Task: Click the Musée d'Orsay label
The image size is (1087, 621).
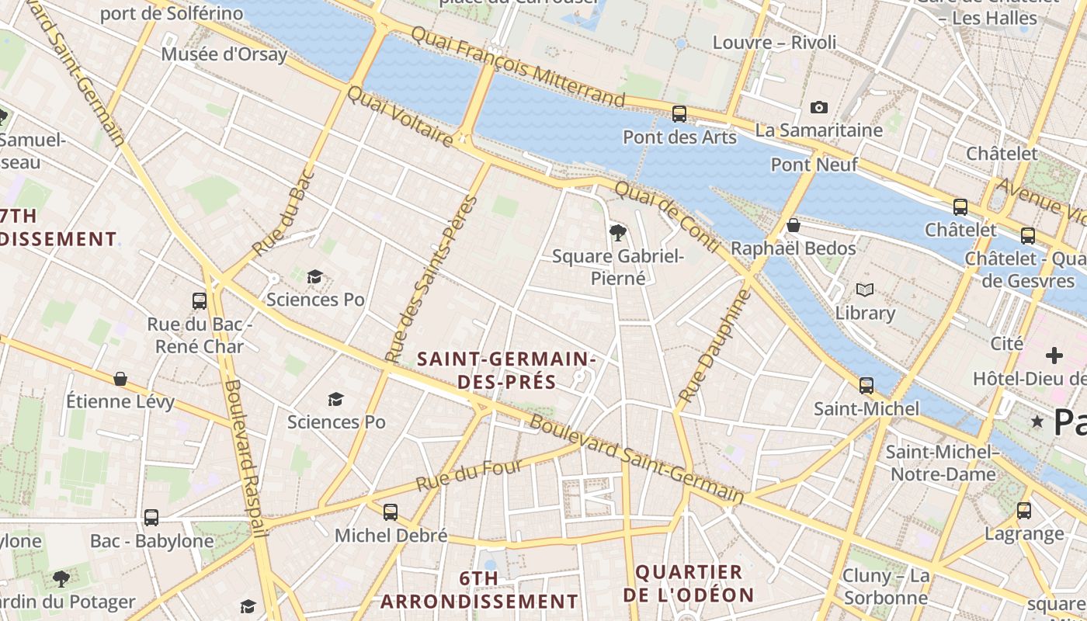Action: [224, 54]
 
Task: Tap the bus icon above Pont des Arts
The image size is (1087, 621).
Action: [679, 114]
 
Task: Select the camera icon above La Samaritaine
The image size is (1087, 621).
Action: [818, 107]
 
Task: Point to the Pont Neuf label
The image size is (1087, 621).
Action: [814, 165]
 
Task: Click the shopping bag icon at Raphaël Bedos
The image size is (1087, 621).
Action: [794, 225]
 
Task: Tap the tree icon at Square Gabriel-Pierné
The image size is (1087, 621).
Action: [617, 231]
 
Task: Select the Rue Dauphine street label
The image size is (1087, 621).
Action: [715, 346]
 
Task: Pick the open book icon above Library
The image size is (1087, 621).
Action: [865, 290]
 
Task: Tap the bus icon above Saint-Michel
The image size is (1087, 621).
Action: [866, 385]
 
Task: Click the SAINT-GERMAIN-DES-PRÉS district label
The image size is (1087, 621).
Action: [506, 370]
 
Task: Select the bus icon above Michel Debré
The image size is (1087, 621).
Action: [391, 512]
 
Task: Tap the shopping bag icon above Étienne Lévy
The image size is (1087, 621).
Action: [120, 378]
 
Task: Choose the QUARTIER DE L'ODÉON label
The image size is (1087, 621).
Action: [689, 584]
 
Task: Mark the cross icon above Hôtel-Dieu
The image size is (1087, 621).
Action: [1054, 356]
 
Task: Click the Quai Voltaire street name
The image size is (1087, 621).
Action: [399, 117]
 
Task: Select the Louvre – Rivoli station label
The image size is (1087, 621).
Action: [774, 42]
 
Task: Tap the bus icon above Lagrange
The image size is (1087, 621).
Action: [1024, 510]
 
